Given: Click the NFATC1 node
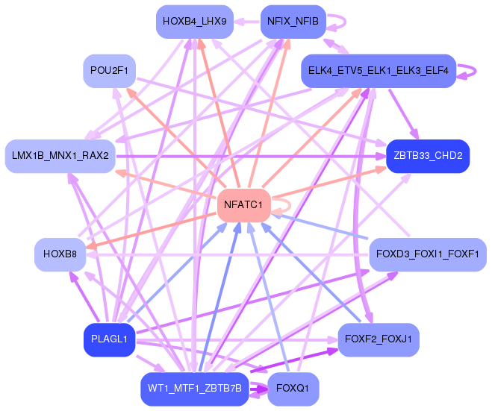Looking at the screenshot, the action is click(x=244, y=205).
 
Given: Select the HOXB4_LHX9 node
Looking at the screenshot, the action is click(x=195, y=22).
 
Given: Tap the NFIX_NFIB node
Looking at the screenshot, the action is click(x=293, y=22).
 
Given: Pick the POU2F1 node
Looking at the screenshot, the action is click(x=109, y=71).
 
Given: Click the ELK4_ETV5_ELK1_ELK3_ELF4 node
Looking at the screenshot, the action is click(x=378, y=71).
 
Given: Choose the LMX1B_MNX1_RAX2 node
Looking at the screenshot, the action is click(x=60, y=156).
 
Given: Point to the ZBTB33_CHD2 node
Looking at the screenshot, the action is click(x=428, y=156).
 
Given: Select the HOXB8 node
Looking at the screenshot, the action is click(x=60, y=254).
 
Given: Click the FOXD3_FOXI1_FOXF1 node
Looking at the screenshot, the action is click(x=428, y=254).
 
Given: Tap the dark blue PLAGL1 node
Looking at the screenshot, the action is click(x=109, y=339).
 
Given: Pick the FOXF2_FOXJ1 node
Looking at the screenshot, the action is click(x=378, y=339).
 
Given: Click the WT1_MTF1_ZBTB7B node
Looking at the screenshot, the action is click(x=195, y=389).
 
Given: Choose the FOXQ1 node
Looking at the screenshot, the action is click(x=293, y=389).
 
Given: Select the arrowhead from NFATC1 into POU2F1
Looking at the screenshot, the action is click(x=131, y=92).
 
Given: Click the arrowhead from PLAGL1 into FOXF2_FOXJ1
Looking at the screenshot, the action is click(x=332, y=339).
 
